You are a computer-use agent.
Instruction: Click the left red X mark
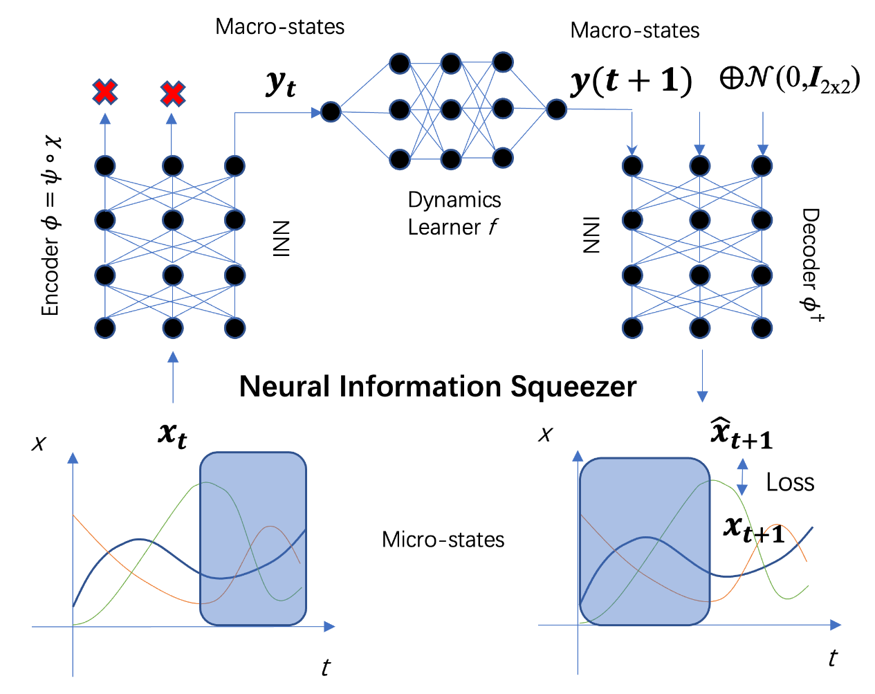coord(105,92)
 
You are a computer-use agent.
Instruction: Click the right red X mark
coord(172,93)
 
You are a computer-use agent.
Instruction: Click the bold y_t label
coord(281,84)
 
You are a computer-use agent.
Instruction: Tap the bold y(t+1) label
coord(631,82)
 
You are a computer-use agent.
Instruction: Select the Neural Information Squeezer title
coord(437,386)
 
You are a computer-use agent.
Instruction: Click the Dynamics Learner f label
coord(454,213)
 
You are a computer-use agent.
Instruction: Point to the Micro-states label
coord(443,540)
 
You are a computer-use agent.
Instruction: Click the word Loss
coord(790,482)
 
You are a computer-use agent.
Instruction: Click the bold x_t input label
coord(172,434)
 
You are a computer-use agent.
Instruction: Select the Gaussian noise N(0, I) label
coord(790,80)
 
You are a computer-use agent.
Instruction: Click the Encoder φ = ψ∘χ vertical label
coord(51,225)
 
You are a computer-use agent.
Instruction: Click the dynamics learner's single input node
coord(331,111)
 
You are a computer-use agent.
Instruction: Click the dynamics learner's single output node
coord(556,109)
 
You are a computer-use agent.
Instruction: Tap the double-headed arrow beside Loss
coord(742,476)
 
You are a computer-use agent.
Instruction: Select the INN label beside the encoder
coord(281,238)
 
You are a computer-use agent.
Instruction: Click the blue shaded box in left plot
coord(252,539)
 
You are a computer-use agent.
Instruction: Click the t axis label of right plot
coord(832,658)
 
